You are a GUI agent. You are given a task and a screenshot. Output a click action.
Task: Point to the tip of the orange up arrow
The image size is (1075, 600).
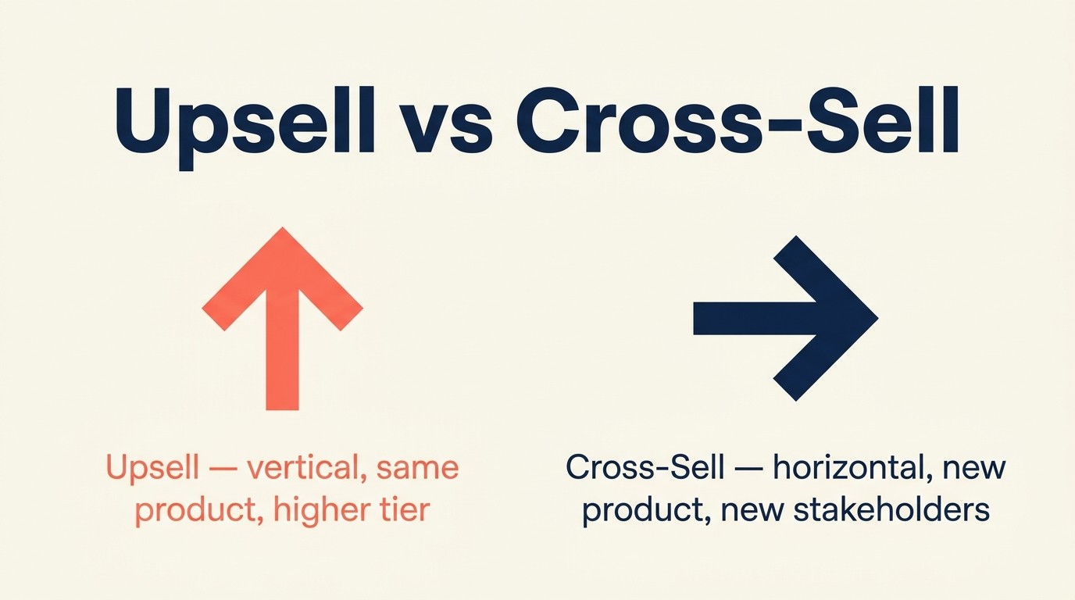point(282,231)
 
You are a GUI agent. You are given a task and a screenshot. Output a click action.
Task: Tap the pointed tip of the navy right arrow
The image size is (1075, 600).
point(877,318)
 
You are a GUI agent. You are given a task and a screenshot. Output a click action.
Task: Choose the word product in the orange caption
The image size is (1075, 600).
point(185,510)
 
